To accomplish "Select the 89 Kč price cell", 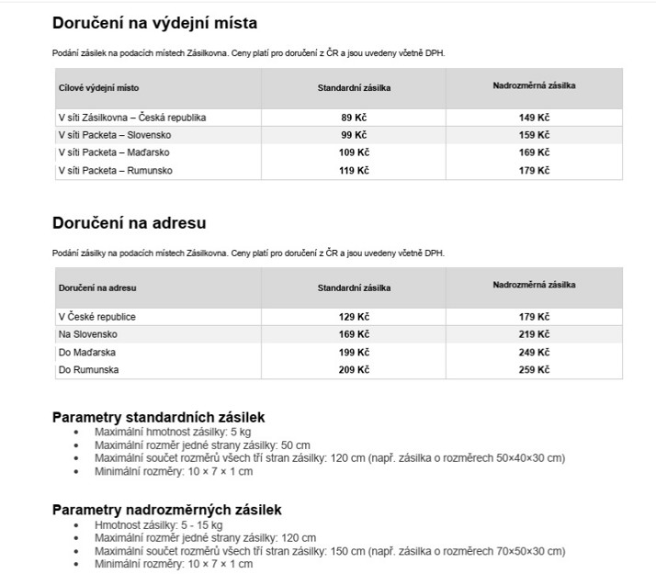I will tap(354, 118).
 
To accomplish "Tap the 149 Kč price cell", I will tap(535, 118).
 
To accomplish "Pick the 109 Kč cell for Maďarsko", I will tap(354, 152).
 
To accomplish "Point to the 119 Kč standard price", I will tap(354, 170).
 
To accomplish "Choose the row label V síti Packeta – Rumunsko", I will tap(115, 170).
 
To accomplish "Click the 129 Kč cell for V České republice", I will tap(354, 317).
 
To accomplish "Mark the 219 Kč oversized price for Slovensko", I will tap(535, 334).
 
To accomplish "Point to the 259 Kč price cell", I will tap(535, 369).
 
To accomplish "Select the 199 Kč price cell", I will tap(354, 352).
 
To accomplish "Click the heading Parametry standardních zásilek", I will tap(159, 417).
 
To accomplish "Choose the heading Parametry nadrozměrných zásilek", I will tap(166, 510).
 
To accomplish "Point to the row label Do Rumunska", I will tap(88, 369).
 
